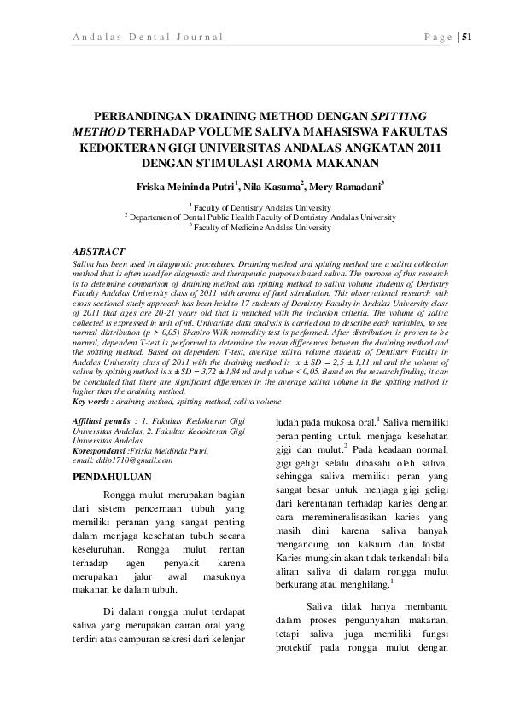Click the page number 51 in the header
point(466,37)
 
